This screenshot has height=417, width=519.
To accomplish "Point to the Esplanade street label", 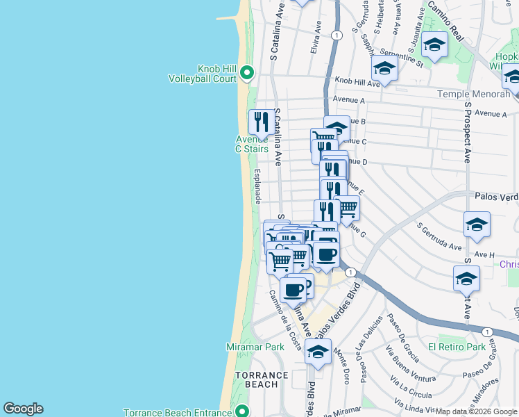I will coord(257,186).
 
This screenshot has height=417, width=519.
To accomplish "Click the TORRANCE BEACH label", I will coord(261,379).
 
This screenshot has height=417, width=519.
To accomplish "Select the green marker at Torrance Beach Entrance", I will coord(242,411).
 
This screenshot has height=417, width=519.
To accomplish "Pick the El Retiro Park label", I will coord(457,347).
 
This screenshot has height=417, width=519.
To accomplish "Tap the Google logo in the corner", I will coord(23,409).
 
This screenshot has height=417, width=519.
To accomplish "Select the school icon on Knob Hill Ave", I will coord(384,68).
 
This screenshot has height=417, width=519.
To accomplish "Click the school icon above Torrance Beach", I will coord(318,352).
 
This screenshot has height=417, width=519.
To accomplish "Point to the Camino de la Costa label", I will coord(285,319).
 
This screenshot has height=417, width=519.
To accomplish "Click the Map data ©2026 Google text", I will coord(477,411).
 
